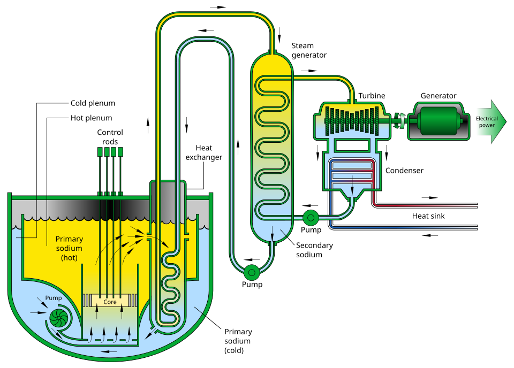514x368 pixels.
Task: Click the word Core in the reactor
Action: pos(110,302)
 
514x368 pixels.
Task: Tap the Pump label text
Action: pos(54,298)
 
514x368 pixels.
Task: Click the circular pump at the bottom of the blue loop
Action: pos(251,273)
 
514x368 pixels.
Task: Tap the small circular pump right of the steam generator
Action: pos(310,217)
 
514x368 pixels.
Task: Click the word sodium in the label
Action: pos(69,248)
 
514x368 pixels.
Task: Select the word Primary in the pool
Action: pos(69,239)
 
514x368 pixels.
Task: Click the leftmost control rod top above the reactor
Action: pos(100,151)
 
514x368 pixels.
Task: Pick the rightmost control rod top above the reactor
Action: pos(120,151)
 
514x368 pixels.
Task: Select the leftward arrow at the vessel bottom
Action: pos(110,351)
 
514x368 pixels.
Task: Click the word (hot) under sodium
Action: pos(69,258)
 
